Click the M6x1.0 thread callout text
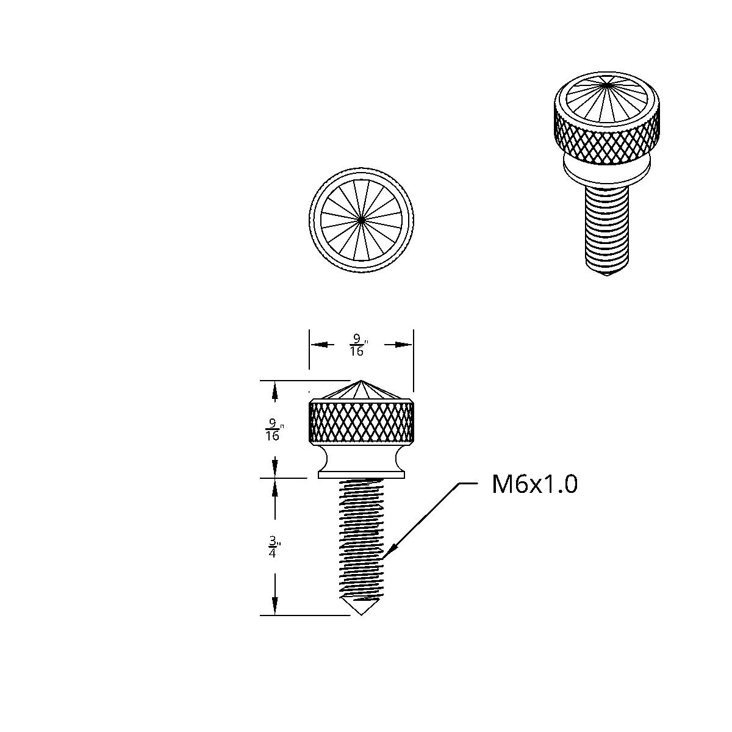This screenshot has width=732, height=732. pos(534,484)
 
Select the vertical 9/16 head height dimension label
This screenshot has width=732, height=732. pos(273,429)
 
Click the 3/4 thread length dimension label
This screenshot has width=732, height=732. pos(273,547)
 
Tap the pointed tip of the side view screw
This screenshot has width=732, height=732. pos(361,613)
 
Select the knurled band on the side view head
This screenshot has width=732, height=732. pos(361,421)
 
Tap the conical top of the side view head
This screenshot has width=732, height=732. pos(361,390)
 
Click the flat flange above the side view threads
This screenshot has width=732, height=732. pos(361,473)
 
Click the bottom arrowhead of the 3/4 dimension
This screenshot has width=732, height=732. pos(275,609)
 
